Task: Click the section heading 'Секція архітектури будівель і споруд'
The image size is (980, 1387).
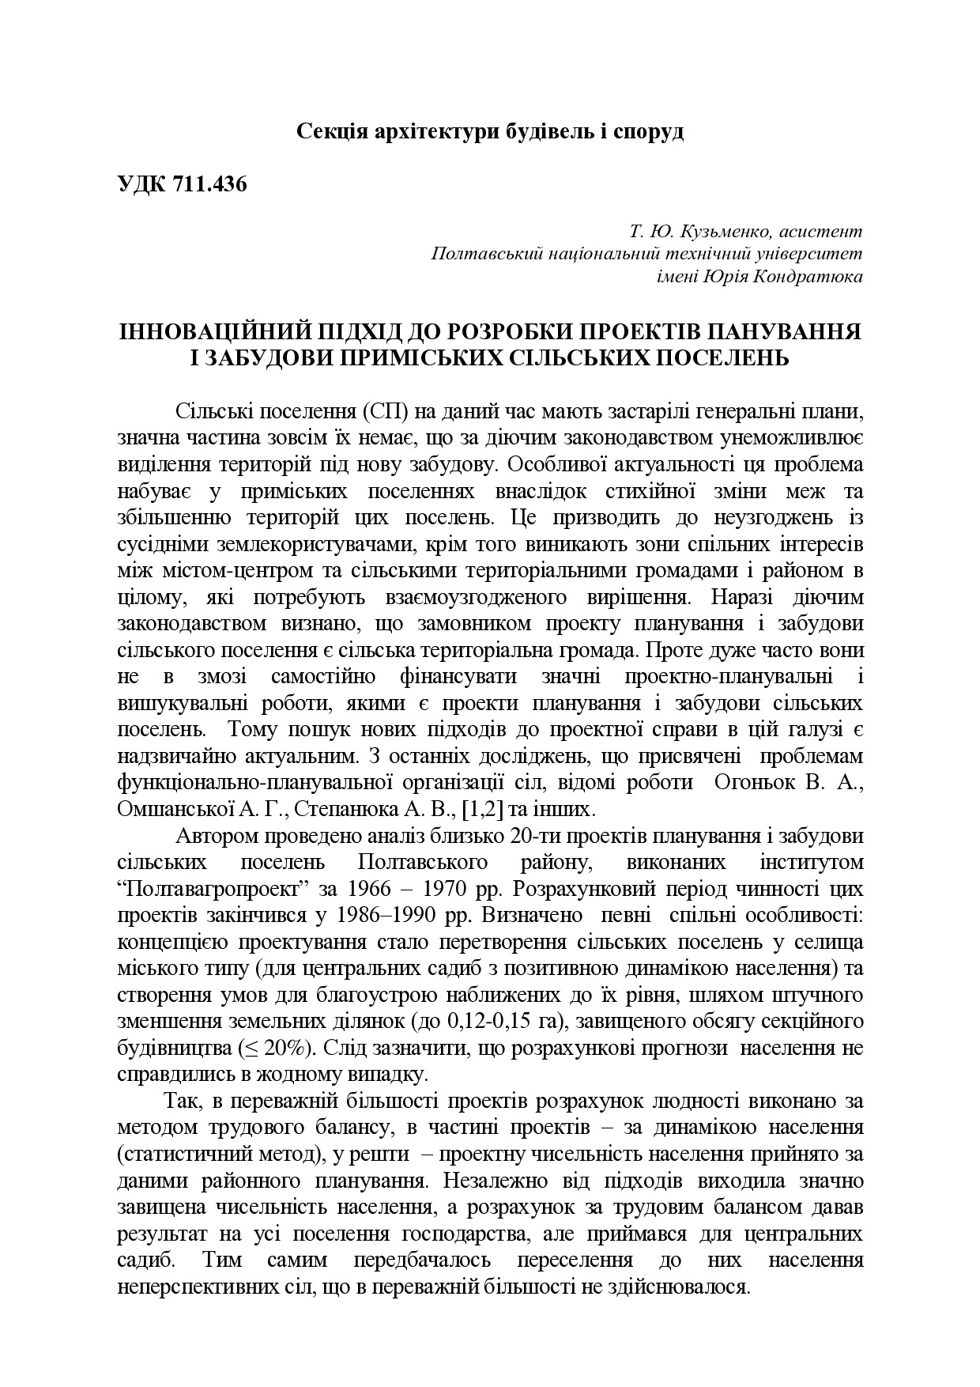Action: point(490,131)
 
